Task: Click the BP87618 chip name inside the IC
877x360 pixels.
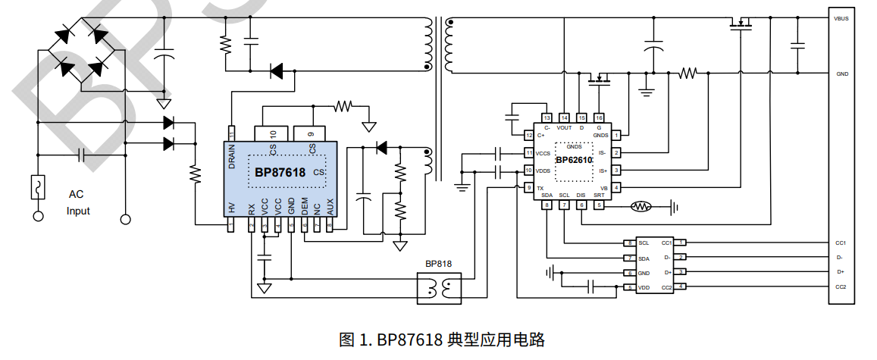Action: tap(280, 173)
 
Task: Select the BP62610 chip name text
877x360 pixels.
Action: tap(574, 160)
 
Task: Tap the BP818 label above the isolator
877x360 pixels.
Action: tap(438, 265)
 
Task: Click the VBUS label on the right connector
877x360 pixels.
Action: tap(841, 17)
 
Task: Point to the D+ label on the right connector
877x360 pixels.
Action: tap(840, 271)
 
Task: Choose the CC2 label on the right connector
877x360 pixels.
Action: tap(841, 286)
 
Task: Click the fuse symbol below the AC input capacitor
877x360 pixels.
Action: tap(36, 186)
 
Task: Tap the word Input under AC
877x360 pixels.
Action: tap(78, 211)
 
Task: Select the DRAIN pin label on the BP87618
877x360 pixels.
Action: tap(232, 157)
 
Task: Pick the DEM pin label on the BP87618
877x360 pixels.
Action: tap(305, 205)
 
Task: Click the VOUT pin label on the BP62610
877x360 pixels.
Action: tap(564, 128)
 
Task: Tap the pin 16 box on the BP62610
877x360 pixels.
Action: tap(599, 117)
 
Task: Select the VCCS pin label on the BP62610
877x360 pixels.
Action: tap(543, 153)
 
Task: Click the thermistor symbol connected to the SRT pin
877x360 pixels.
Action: tap(641, 205)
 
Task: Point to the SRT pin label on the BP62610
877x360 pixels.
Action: tap(599, 195)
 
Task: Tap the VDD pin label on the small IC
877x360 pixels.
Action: tap(644, 287)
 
